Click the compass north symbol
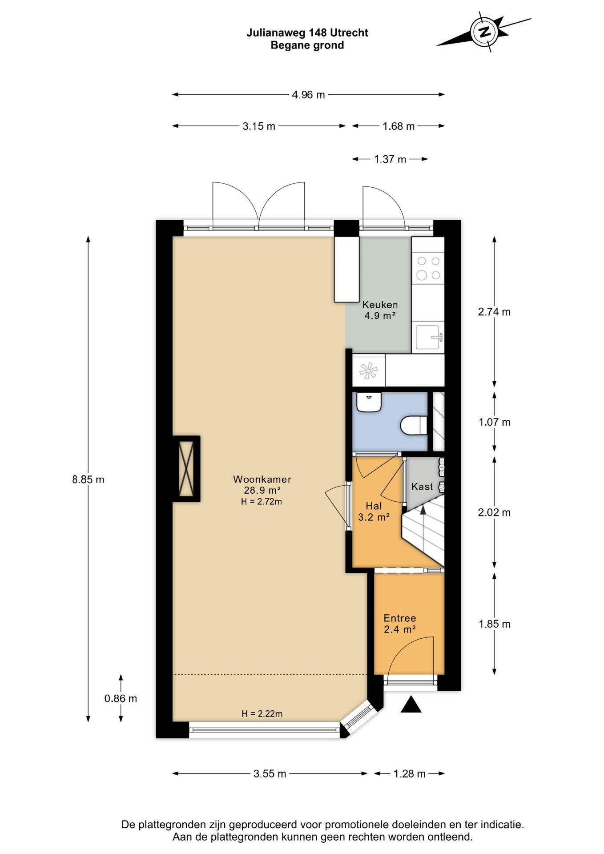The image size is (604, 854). [x=484, y=32]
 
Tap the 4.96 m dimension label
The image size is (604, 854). [x=308, y=95]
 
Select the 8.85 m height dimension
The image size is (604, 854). [x=88, y=479]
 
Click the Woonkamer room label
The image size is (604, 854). [x=262, y=479]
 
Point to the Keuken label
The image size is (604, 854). [x=380, y=305]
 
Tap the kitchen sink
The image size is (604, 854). [x=428, y=337]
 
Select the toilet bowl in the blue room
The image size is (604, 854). [x=414, y=425]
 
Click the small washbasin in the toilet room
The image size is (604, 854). [x=369, y=403]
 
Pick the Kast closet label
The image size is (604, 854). [x=422, y=487]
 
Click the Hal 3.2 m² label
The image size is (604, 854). [x=374, y=512]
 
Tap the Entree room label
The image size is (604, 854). [x=400, y=618]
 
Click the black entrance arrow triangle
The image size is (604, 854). [x=411, y=705]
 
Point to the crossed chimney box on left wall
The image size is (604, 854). [x=186, y=468]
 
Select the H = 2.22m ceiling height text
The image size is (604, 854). [x=262, y=713]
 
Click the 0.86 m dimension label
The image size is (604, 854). [x=121, y=698]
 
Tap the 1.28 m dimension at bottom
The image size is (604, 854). [x=409, y=773]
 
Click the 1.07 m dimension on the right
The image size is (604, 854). [x=495, y=422]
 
